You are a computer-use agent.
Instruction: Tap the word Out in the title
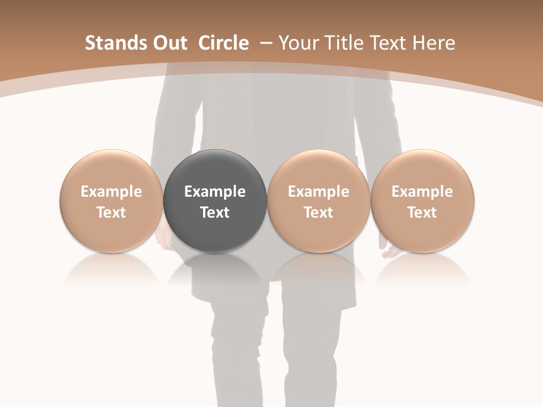tap(168, 43)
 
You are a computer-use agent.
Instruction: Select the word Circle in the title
tap(223, 43)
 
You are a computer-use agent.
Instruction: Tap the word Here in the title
tap(434, 43)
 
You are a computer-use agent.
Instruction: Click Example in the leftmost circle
tap(111, 192)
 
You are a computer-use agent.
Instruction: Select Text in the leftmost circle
tap(111, 213)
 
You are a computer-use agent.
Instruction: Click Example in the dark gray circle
tap(215, 192)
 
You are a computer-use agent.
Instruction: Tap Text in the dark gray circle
tap(215, 213)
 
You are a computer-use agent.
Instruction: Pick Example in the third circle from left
tap(318, 192)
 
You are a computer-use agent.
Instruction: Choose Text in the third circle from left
tap(318, 213)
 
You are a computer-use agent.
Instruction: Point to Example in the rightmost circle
tap(423, 192)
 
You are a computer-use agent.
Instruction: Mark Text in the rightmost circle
tap(423, 213)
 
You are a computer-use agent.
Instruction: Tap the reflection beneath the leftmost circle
tap(111, 269)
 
